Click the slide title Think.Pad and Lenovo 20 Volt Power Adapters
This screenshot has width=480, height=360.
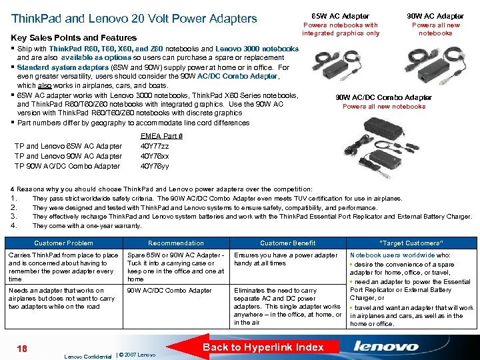(134, 18)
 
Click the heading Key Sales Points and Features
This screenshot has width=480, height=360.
(74, 38)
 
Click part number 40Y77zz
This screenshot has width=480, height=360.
(155, 146)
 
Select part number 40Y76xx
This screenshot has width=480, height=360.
(155, 156)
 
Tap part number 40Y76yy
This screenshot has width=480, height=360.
(155, 166)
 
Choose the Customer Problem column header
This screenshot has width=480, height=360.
(63, 243)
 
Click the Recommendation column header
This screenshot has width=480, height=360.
(176, 243)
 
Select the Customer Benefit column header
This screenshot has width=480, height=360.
(288, 243)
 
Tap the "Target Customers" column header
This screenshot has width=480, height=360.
(411, 243)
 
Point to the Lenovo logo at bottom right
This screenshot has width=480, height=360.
(386, 346)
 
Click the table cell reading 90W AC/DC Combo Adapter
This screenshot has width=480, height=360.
(169, 291)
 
